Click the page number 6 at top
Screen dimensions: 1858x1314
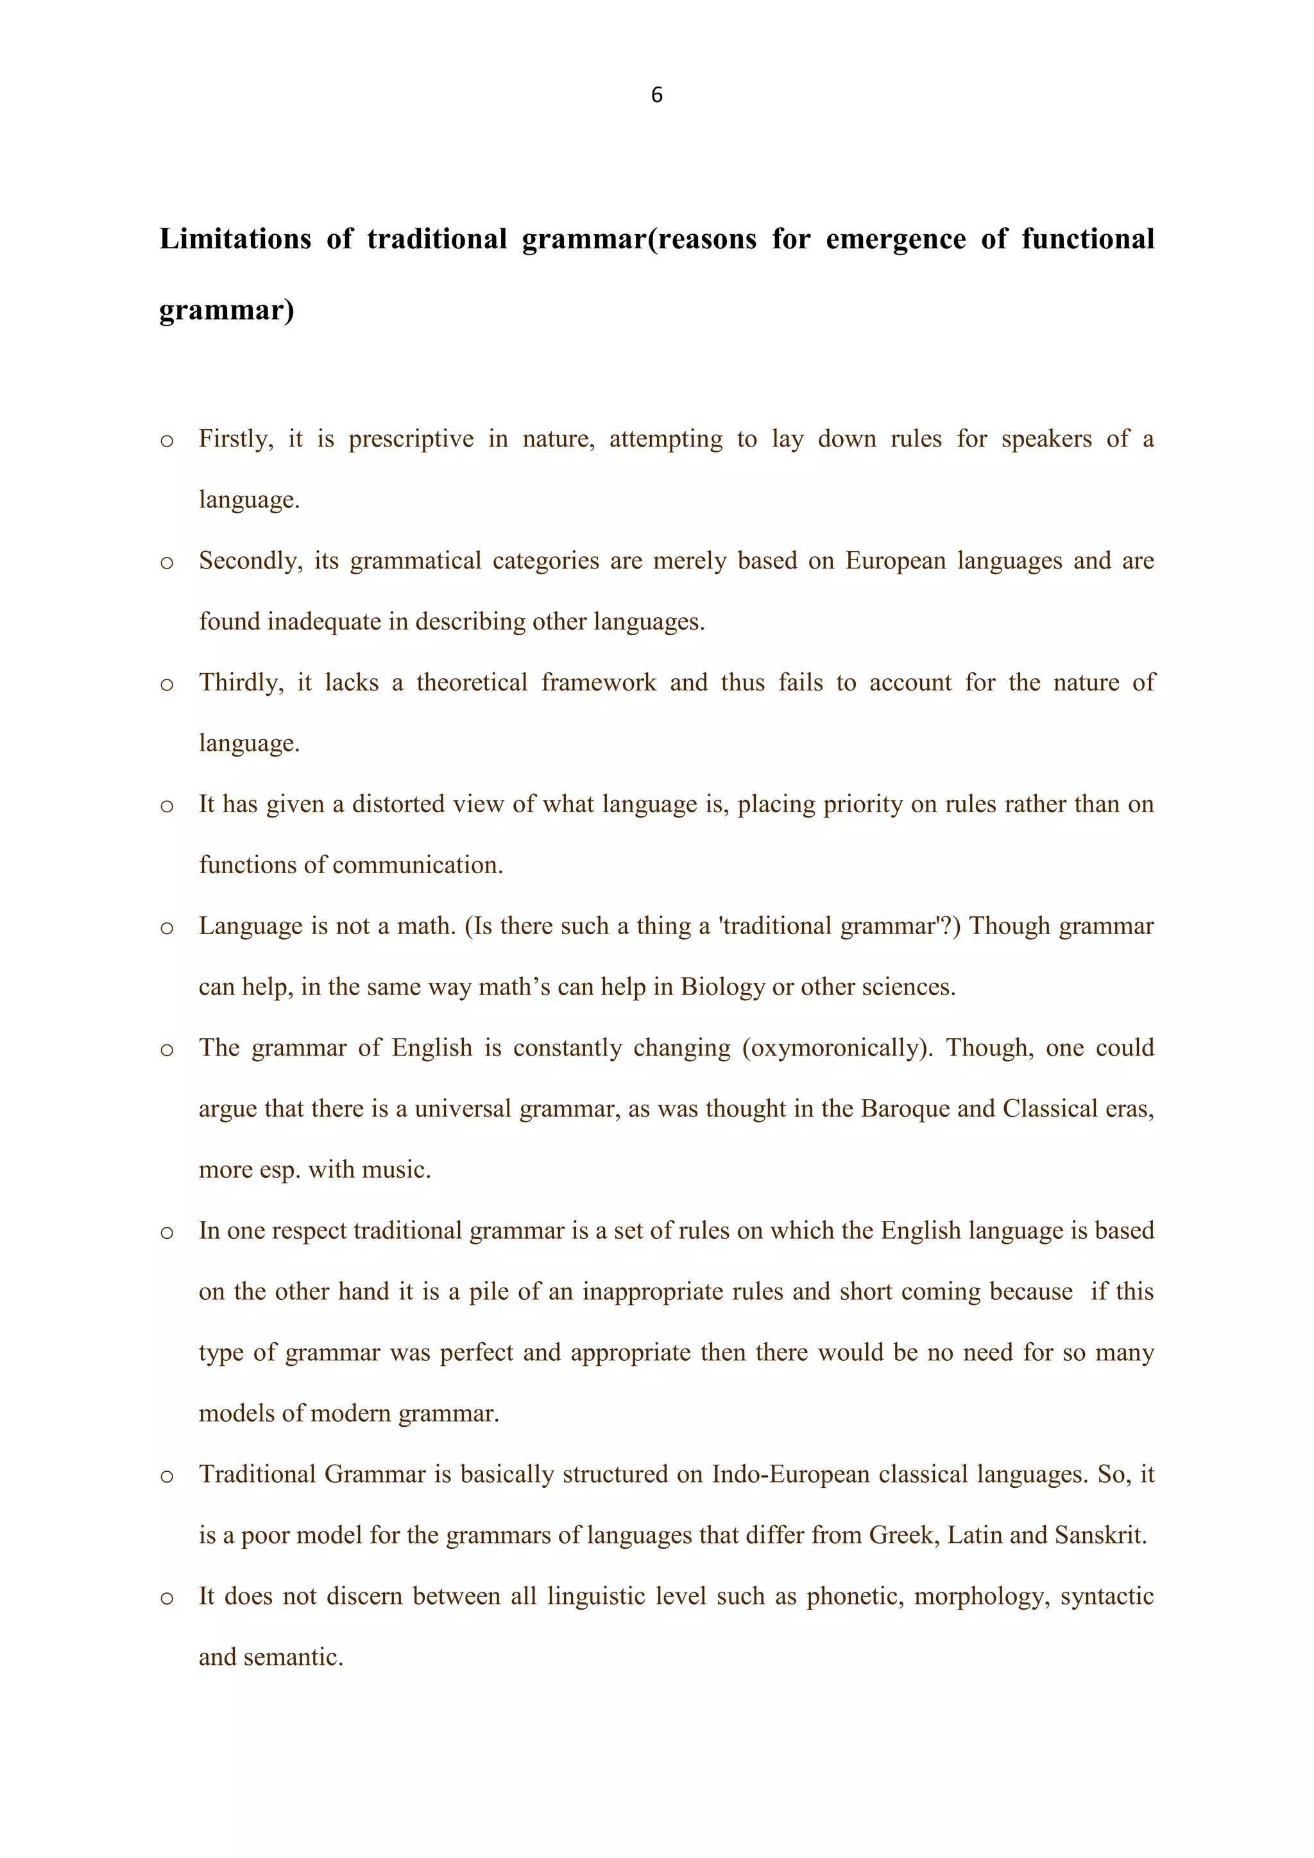(x=656, y=96)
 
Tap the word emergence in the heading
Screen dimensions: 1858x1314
(x=895, y=239)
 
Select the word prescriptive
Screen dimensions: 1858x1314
(x=411, y=439)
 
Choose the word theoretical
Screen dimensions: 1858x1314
(x=472, y=683)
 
